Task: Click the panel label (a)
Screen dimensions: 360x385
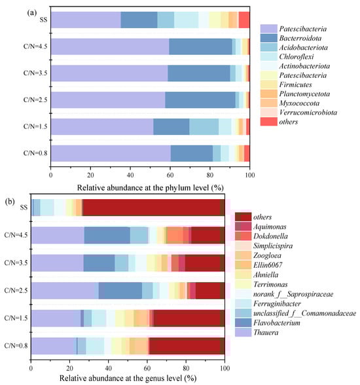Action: tap(32, 13)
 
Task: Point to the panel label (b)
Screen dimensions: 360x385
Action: tap(10, 202)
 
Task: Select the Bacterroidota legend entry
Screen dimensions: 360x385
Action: tap(291, 38)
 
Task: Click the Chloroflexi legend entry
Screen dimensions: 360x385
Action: tap(287, 57)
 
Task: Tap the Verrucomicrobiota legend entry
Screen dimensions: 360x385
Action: tap(298, 113)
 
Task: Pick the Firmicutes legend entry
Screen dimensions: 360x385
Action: tap(286, 84)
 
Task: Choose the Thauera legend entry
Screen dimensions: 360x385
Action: tap(257, 333)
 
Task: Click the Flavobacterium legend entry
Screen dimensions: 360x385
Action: tap(268, 323)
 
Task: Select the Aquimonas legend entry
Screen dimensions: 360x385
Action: tap(257, 227)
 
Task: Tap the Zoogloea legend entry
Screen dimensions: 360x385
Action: tap(258, 255)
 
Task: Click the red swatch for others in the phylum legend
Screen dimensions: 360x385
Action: tap(269, 122)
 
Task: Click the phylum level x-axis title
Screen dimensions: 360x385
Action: tap(150, 188)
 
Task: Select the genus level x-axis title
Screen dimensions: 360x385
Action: tap(128, 378)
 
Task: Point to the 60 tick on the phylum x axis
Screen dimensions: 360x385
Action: tap(170, 175)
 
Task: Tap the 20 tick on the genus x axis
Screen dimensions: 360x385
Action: tap(69, 368)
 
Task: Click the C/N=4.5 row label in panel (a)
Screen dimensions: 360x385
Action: tap(35, 46)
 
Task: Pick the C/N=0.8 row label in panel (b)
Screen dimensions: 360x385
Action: tap(16, 346)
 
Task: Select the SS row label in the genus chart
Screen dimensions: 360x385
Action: tap(24, 208)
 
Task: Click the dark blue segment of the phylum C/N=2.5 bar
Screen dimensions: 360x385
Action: tap(200, 100)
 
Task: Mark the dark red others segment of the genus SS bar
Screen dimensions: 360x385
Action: tap(151, 208)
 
